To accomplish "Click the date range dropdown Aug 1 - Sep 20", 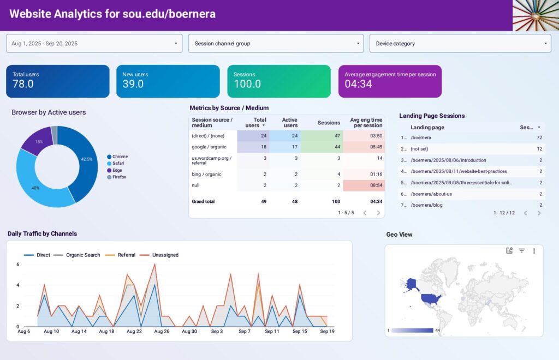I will [94, 44].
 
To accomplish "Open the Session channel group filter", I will [276, 44].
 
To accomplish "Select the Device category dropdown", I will [460, 44].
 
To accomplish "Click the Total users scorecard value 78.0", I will [23, 84].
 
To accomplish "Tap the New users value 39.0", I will [133, 84].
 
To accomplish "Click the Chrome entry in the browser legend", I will [120, 157].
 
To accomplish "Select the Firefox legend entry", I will [119, 177].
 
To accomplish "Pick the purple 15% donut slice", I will [38, 140].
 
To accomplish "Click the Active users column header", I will [289, 123].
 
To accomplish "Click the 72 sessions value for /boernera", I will [538, 137].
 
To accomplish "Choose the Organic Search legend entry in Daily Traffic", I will [82, 255].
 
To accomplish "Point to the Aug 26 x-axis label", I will [162, 331].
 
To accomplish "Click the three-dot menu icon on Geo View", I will [534, 251].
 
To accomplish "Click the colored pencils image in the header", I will [535, 15].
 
